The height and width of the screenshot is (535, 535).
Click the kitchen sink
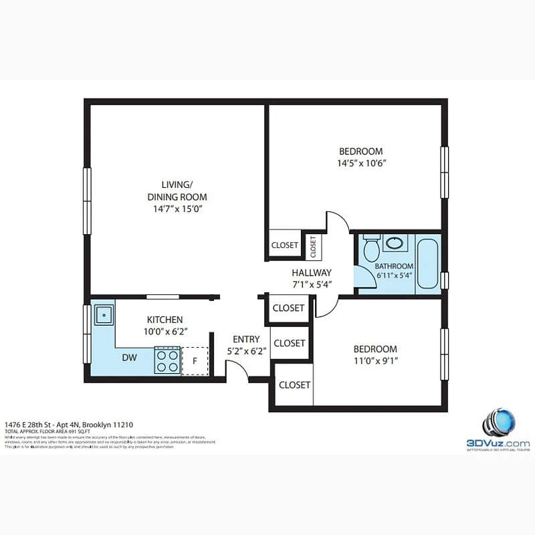[103, 313]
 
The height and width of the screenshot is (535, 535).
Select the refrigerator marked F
[195, 361]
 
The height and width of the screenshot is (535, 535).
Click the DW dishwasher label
[130, 358]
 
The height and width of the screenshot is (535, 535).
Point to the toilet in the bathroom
[372, 249]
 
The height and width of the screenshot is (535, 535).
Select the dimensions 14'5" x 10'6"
[362, 163]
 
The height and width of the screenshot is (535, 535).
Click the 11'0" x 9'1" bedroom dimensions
[375, 361]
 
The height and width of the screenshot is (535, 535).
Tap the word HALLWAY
[312, 273]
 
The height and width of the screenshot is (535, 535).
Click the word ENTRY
[245, 339]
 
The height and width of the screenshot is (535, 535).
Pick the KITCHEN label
[165, 320]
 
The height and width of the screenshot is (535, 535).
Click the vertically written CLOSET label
[312, 247]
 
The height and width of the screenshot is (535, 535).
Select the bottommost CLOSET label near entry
[294, 385]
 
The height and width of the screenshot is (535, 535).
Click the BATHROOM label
[395, 265]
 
